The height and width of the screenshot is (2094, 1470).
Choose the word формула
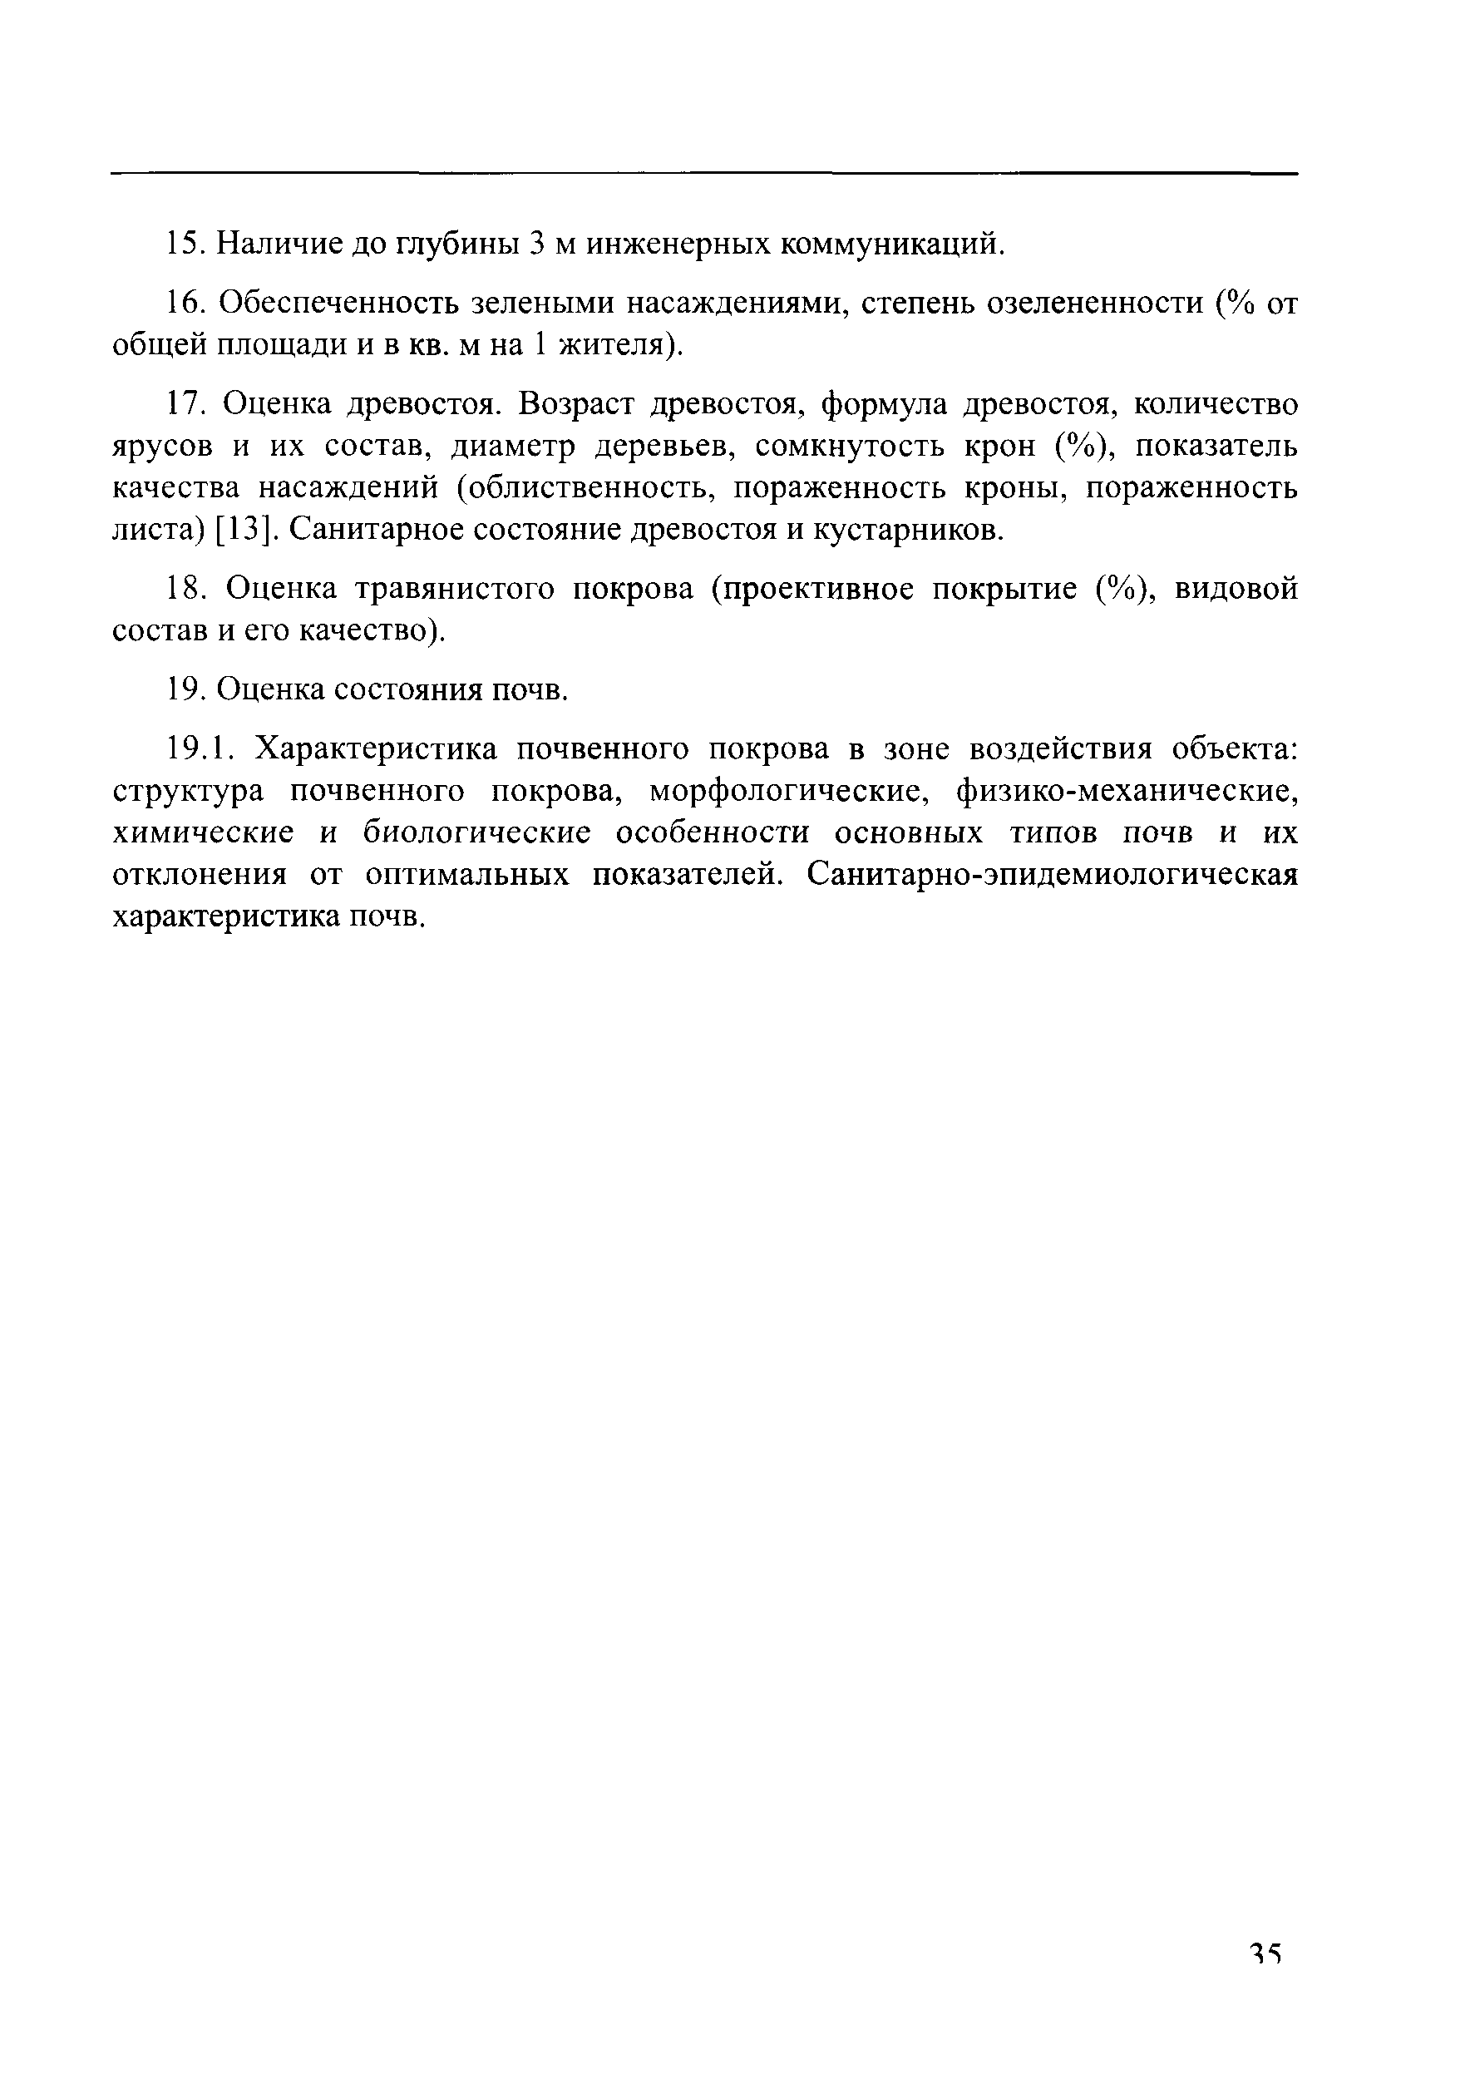coord(884,403)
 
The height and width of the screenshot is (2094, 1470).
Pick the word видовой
coord(1236,589)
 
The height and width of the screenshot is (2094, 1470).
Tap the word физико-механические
coord(1127,791)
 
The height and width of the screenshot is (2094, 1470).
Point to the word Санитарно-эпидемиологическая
coord(1052,875)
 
